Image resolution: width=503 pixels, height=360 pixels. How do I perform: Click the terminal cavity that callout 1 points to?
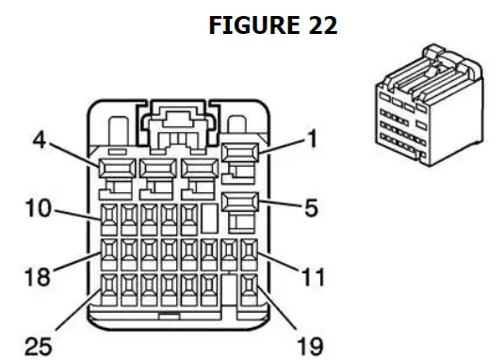[x=240, y=152]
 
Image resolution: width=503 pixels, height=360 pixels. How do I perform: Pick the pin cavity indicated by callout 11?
[x=249, y=253]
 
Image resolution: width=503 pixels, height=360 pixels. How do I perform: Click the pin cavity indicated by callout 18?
[x=109, y=253]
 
